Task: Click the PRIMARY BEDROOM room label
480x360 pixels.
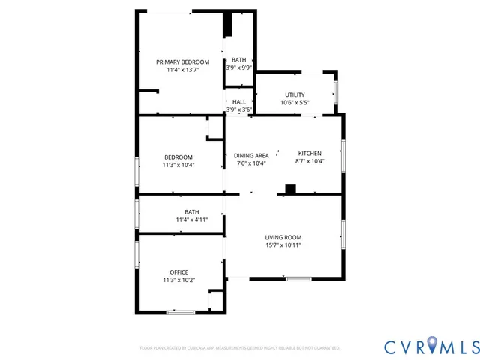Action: tap(182, 61)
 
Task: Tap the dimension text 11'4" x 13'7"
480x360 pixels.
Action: tap(182, 70)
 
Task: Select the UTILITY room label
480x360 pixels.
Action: tap(295, 94)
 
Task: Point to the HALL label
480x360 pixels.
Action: tap(238, 102)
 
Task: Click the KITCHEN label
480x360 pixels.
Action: tap(310, 153)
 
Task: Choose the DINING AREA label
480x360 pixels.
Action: tap(251, 156)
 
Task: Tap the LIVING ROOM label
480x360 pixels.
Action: tap(283, 237)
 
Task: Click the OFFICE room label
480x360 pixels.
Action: tap(178, 272)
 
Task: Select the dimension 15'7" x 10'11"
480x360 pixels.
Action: tap(283, 245)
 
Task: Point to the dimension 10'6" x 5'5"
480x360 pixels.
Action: tap(295, 103)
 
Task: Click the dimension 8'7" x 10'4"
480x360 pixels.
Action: tap(310, 161)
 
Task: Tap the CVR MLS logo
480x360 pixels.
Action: tap(431, 346)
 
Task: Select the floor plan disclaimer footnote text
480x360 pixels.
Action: tap(240, 348)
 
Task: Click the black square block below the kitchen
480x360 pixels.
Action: tap(290, 189)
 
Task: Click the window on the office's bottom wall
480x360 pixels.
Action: tap(181, 311)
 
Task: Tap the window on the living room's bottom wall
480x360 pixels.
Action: tap(298, 279)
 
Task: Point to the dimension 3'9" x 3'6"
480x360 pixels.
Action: tap(238, 109)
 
